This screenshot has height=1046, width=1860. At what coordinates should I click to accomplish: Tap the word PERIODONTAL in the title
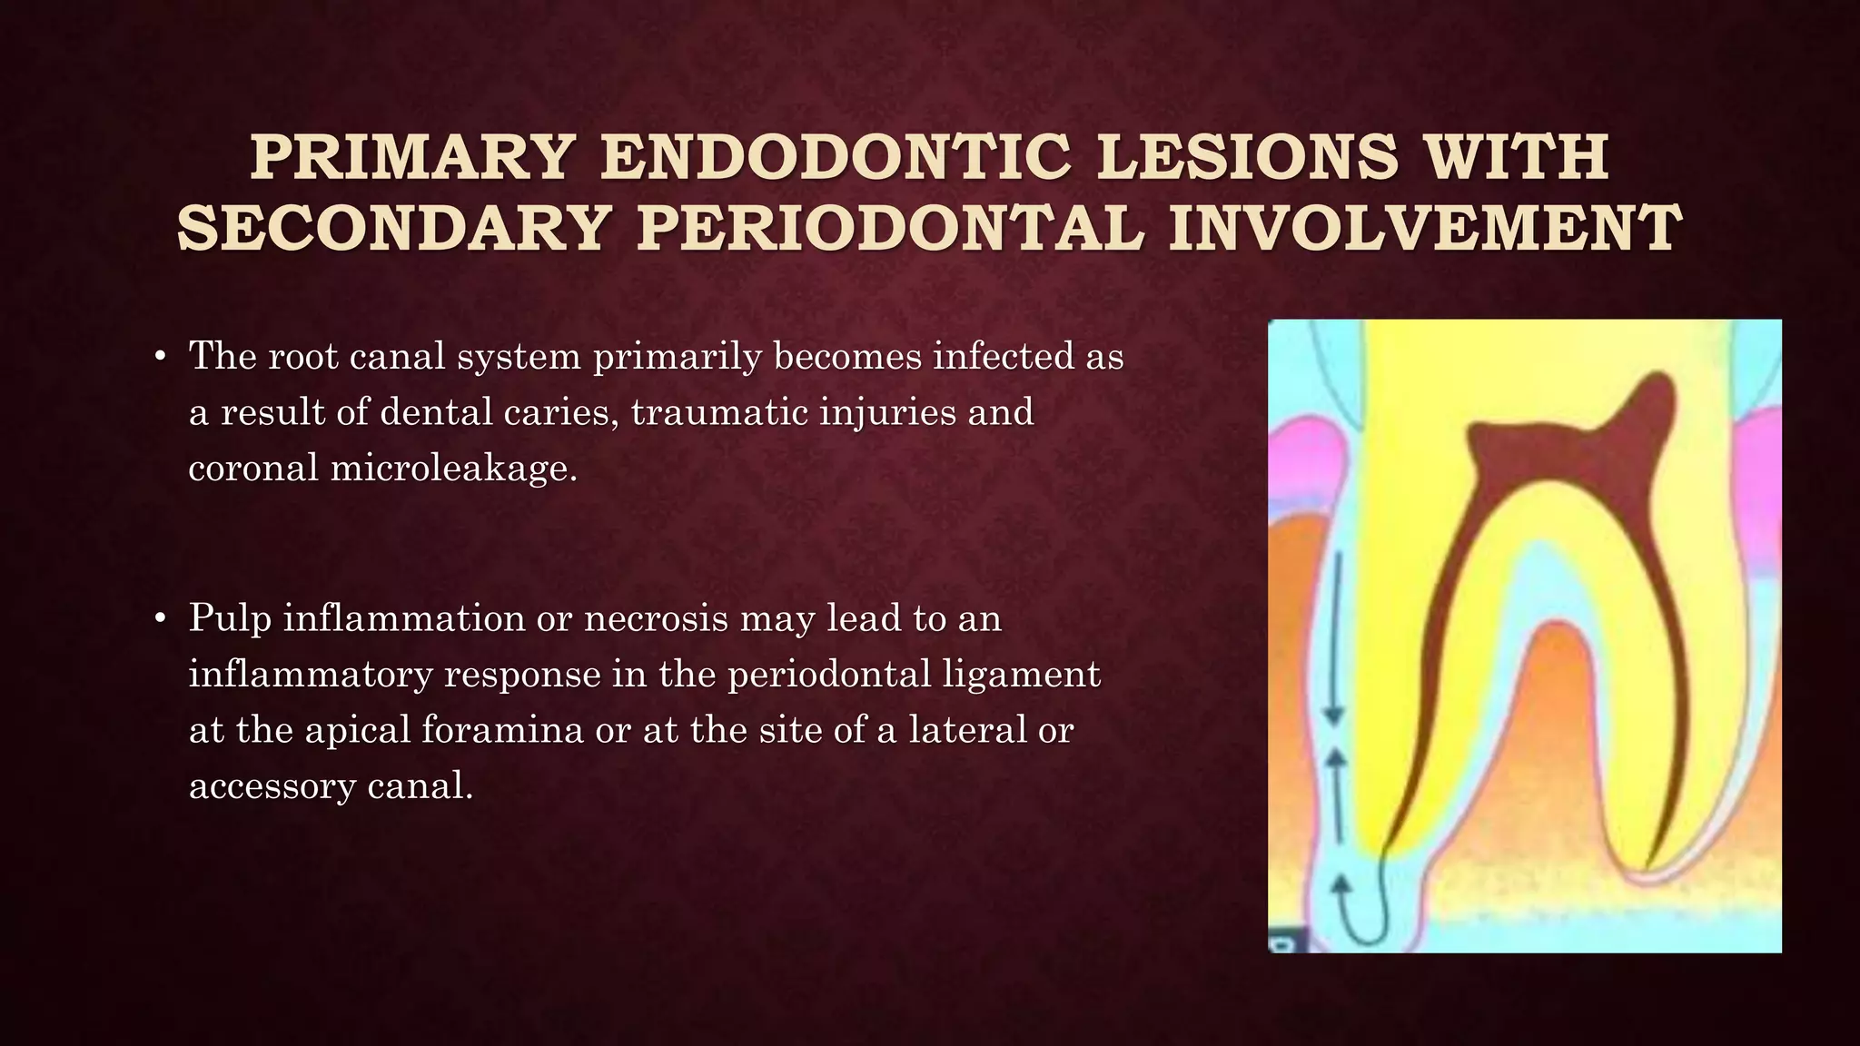coord(889,229)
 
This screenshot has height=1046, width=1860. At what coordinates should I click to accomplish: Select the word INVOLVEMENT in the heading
coord(1425,229)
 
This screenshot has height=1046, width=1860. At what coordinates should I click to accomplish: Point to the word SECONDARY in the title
coord(392,229)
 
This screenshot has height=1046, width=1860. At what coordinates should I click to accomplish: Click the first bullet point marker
coord(160,357)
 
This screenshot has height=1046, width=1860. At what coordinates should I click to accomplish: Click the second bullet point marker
coord(160,619)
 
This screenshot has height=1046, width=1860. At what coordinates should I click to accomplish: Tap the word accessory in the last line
coord(272,785)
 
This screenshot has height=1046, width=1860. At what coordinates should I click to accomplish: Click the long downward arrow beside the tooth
coord(1335,636)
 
